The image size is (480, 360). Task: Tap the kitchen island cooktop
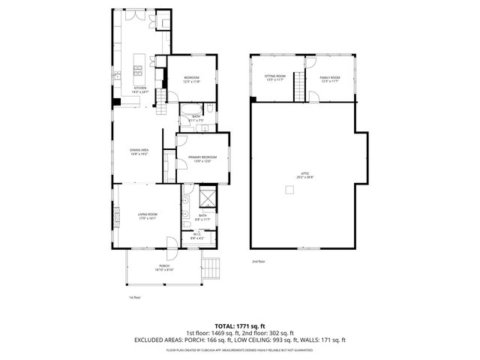pyautogui.click(x=138, y=72)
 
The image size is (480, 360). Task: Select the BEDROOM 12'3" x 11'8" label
pyautogui.click(x=191, y=80)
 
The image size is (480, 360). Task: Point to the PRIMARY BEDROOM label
pyautogui.click(x=202, y=159)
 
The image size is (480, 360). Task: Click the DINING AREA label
pyautogui.click(x=140, y=152)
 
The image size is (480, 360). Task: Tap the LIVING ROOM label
pyautogui.click(x=147, y=217)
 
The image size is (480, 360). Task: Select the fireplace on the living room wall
pyautogui.click(x=116, y=217)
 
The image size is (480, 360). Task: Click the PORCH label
pyautogui.click(x=163, y=268)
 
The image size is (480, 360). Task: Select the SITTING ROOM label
pyautogui.click(x=275, y=78)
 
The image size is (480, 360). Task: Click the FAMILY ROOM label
pyautogui.click(x=330, y=78)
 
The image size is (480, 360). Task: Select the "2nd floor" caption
pyautogui.click(x=258, y=262)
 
